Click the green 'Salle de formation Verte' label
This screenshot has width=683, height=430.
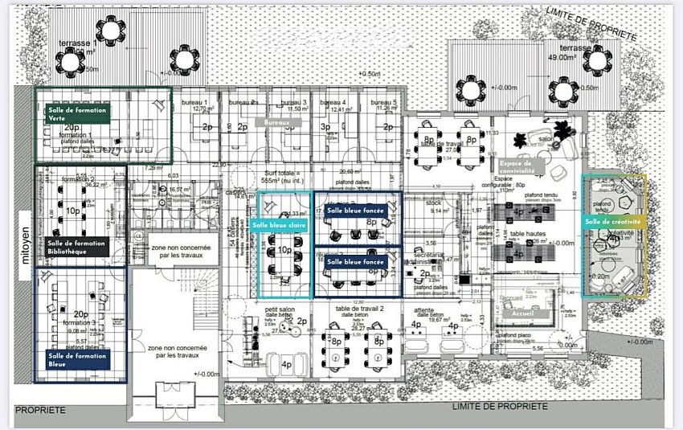[x=76, y=113]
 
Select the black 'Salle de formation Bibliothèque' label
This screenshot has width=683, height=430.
[x=76, y=247]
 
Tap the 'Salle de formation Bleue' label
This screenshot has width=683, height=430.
[x=76, y=360]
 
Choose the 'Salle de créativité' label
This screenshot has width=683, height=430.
[x=613, y=221]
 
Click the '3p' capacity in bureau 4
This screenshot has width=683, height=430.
[x=325, y=127]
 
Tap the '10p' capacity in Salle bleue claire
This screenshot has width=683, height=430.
[x=284, y=250]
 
